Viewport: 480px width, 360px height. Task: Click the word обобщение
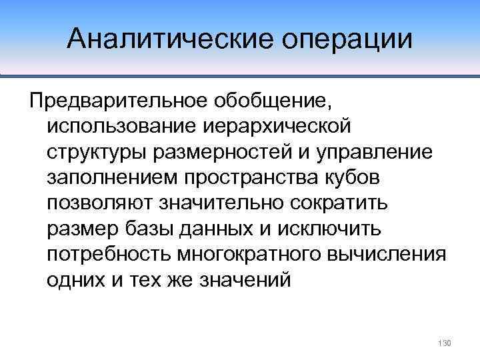click(x=273, y=101)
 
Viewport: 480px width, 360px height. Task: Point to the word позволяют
click(x=103, y=203)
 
